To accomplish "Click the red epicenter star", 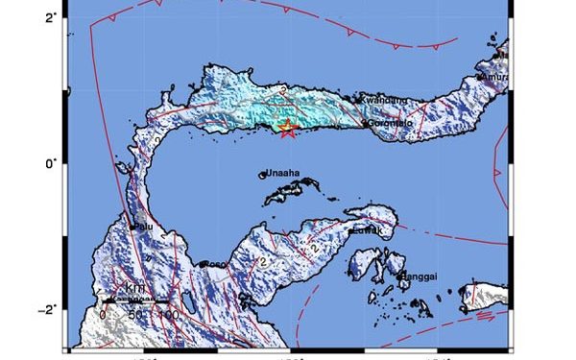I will click(287, 129).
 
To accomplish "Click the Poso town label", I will click(215, 265).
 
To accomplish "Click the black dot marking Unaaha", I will click(263, 175).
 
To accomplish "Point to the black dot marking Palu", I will click(132, 227).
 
